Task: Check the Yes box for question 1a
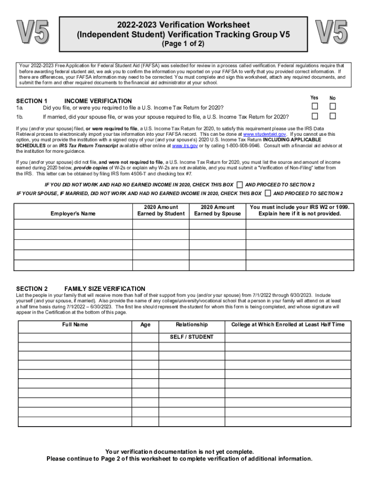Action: (x=314, y=106)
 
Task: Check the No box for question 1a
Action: (x=333, y=106)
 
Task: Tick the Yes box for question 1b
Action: (x=314, y=116)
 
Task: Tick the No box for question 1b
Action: (x=333, y=116)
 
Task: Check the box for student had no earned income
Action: (x=240, y=185)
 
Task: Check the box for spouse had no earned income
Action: (x=268, y=194)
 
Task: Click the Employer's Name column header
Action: (x=73, y=214)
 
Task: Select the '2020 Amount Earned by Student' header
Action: (x=161, y=210)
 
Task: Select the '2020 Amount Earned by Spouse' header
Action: (x=217, y=210)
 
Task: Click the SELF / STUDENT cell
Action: (x=192, y=337)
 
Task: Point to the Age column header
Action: (x=146, y=325)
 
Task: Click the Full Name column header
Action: (x=75, y=325)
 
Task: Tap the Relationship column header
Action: (x=192, y=325)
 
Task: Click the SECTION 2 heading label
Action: (x=32, y=289)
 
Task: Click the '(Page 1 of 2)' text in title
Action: (x=183, y=44)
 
